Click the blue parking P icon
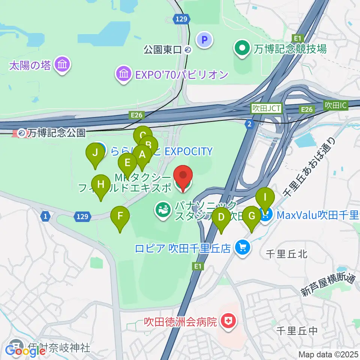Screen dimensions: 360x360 205,39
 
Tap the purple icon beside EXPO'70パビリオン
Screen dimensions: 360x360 123,74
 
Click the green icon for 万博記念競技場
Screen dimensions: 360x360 242,48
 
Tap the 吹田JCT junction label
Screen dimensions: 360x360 267,108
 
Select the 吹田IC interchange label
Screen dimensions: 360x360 335,106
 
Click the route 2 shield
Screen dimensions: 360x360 249,124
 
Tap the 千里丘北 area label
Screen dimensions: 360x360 286,254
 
